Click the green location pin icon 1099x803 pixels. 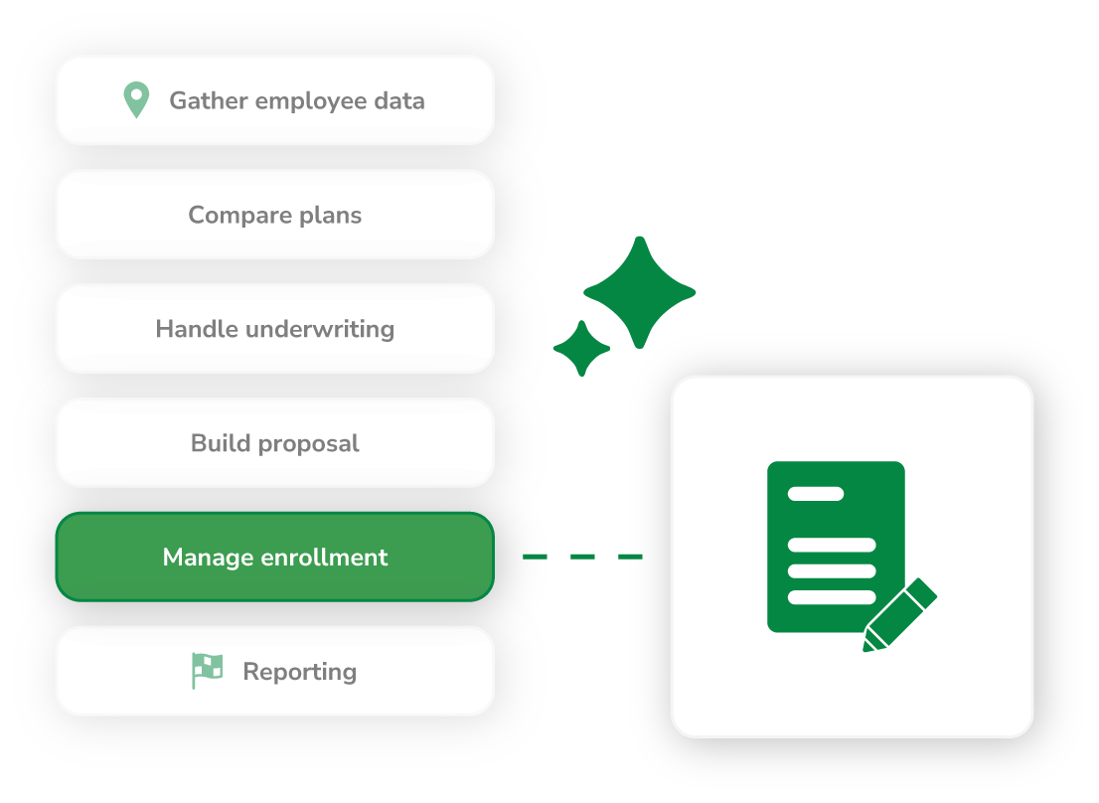tap(136, 99)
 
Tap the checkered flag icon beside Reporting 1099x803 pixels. tap(207, 671)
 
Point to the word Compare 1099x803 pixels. tap(234, 215)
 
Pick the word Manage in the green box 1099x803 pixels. tap(208, 558)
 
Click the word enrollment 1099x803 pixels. tap(324, 558)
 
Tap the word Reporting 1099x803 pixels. tap(299, 672)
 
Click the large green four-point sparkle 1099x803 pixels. tap(639, 292)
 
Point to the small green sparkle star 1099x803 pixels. tap(581, 349)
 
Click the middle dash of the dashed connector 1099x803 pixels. tap(583, 557)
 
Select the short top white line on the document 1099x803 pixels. tap(816, 493)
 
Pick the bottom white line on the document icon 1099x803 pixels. tap(832, 597)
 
